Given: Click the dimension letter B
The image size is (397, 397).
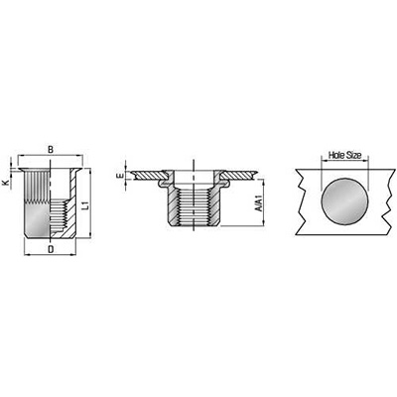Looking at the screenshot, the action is tap(51, 149).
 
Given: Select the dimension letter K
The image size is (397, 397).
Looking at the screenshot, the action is tap(5, 183).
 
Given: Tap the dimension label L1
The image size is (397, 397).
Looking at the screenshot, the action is tap(85, 204).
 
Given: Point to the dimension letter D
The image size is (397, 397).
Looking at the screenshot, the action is tap(51, 249).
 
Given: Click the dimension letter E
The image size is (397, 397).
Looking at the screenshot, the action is tap(121, 176).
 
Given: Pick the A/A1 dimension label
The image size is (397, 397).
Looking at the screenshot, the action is tap(259, 203).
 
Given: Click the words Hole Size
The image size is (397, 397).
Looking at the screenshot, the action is tap(344, 155).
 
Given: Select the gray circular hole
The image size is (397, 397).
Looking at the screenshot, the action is tap(344, 201).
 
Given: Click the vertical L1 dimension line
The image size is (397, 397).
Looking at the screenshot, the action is tap(90, 202).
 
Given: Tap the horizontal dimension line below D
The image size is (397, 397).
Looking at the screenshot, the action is tap(51, 254).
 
